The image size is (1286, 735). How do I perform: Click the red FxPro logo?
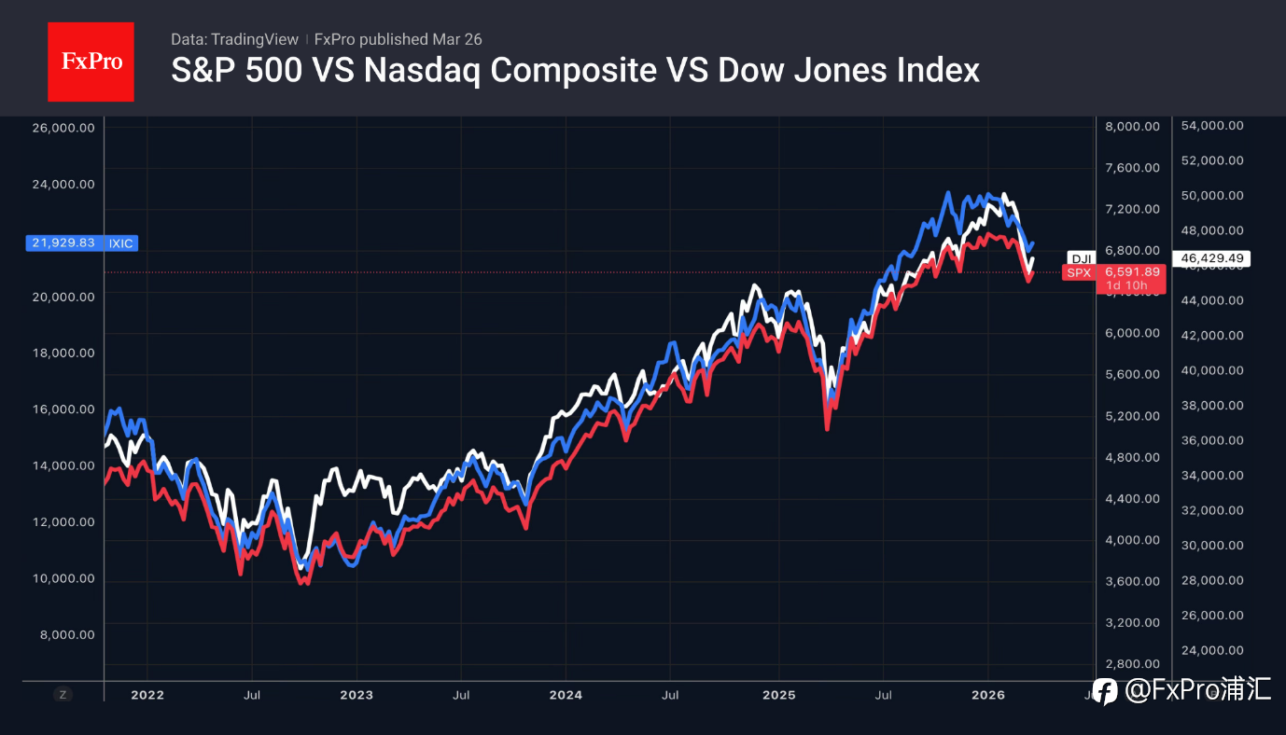[91, 62]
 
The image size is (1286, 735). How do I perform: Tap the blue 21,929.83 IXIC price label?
[82, 243]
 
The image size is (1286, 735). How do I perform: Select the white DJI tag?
[1081, 258]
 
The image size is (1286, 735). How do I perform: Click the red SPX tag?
[1079, 272]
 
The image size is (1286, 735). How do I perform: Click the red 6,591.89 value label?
[1132, 272]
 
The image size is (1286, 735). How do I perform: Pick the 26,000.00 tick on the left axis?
[63, 128]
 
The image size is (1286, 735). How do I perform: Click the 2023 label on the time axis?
[356, 695]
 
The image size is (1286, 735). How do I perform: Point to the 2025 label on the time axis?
[778, 695]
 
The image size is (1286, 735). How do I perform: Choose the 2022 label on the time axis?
[147, 695]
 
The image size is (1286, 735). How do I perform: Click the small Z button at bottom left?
[63, 694]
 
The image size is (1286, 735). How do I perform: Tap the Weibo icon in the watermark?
[1105, 691]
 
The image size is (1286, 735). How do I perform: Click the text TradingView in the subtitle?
[255, 39]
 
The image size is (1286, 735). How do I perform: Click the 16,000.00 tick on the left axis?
[63, 409]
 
